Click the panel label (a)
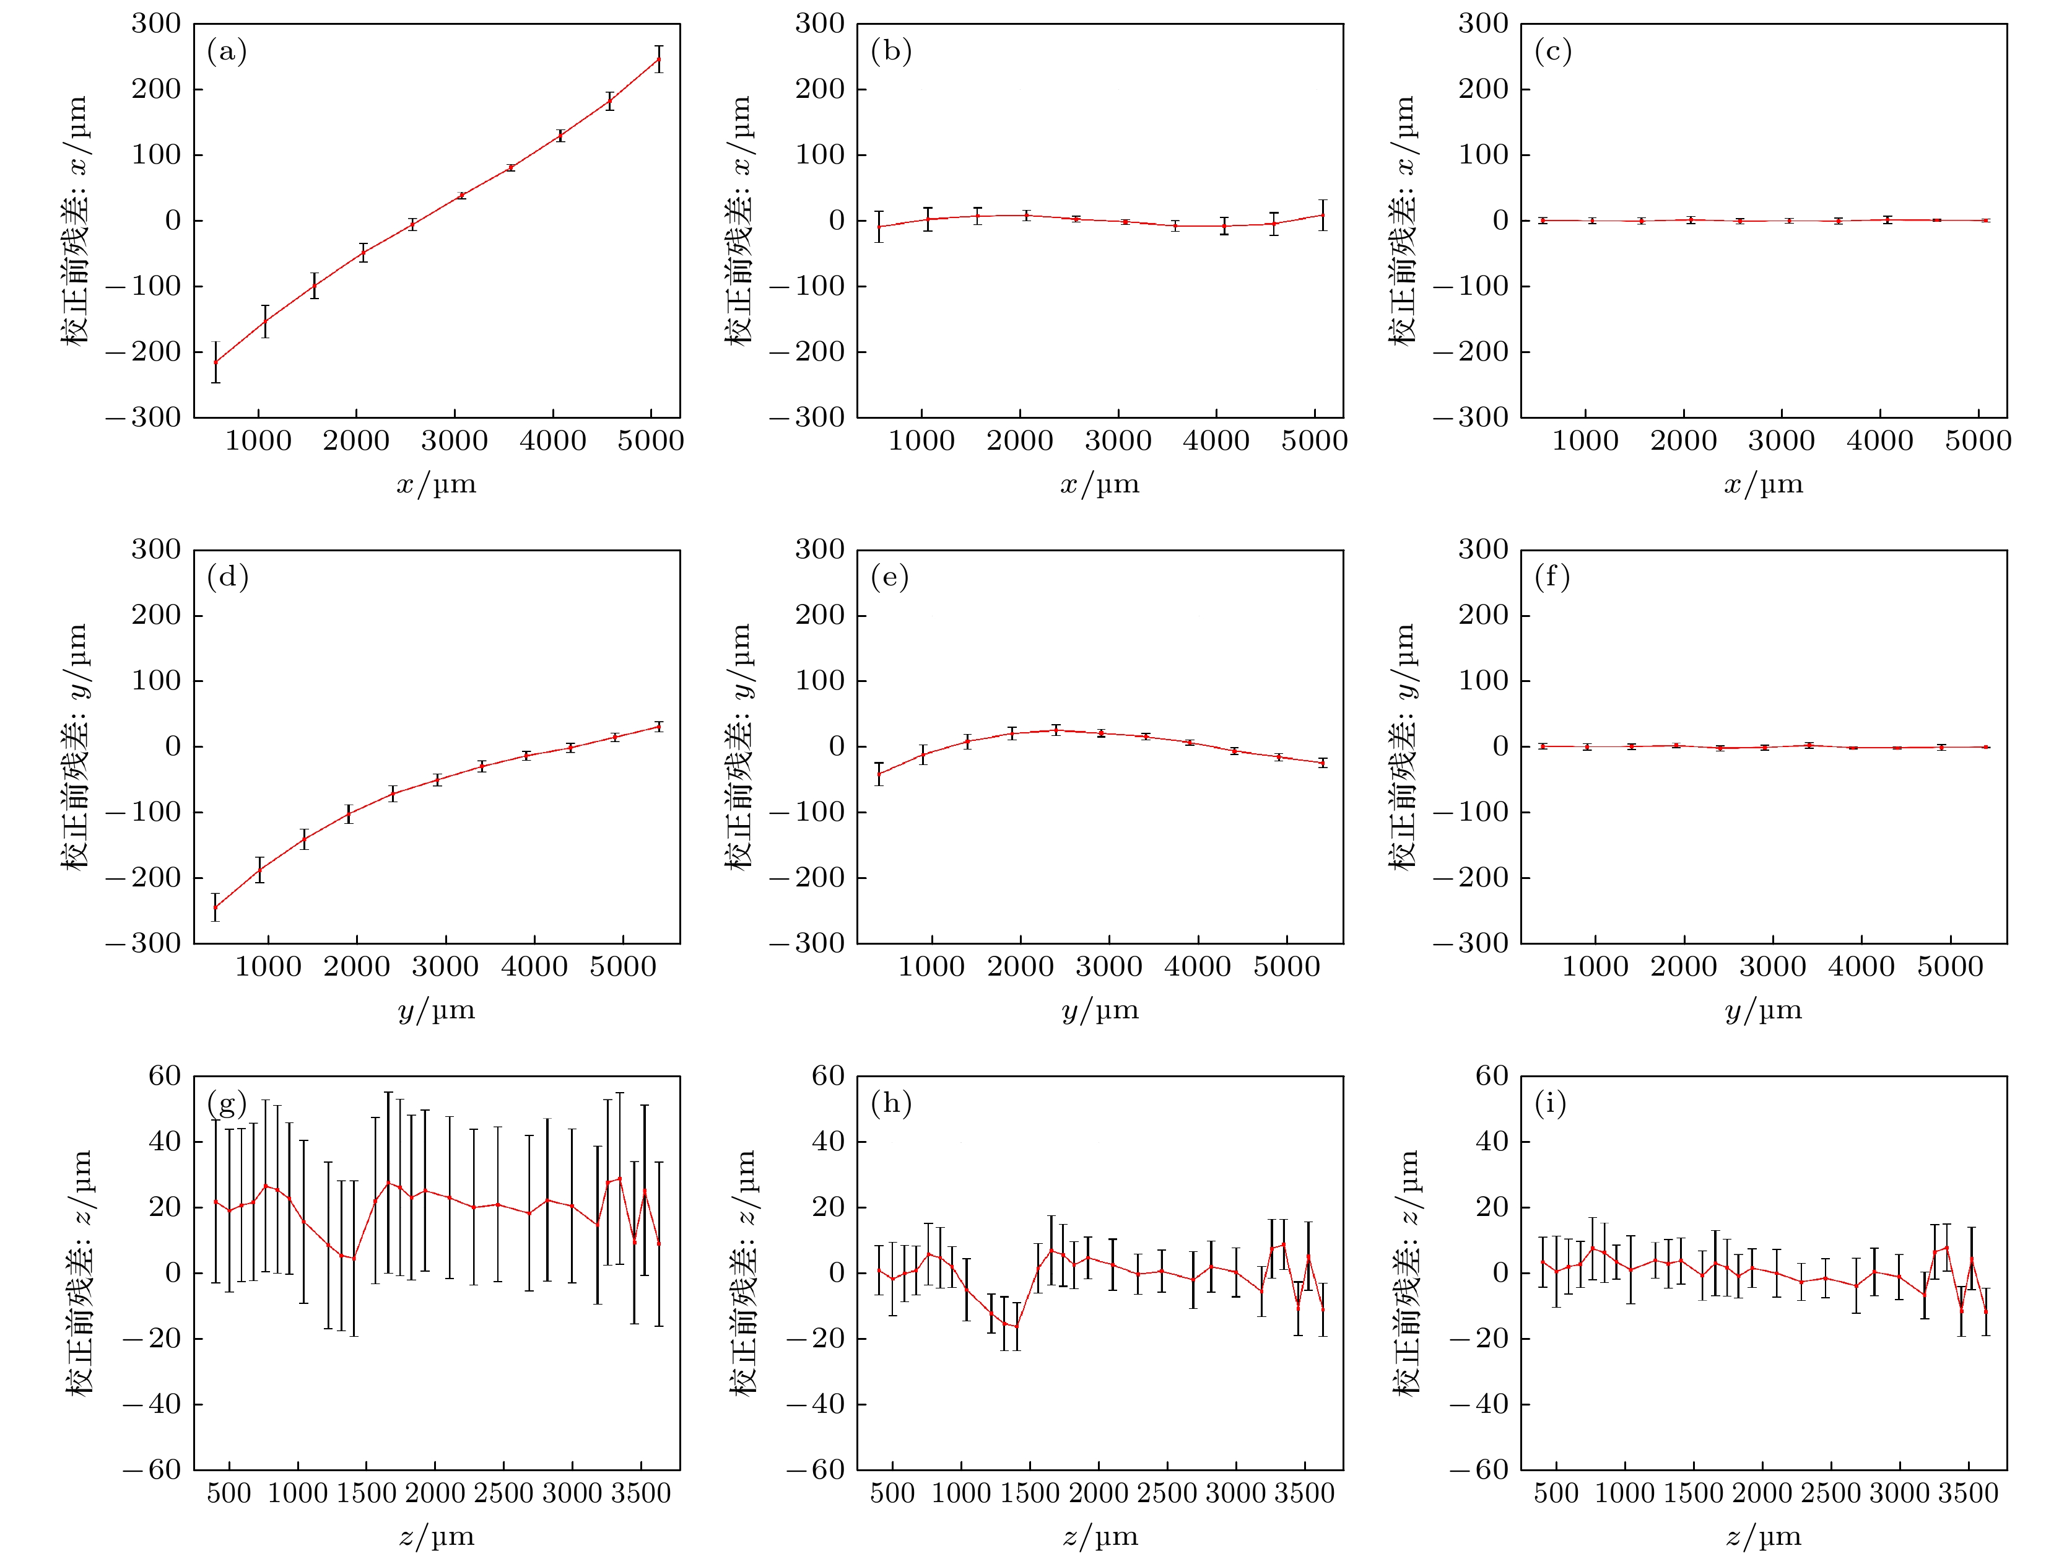coord(227,51)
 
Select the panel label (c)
coord(1553,51)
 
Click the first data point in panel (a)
coord(215,362)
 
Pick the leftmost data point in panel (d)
coord(215,907)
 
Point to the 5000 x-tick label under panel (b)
coord(1314,441)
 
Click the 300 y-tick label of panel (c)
coord(1483,24)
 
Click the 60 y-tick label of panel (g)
coord(165,1075)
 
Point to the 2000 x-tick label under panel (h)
coord(1099,1493)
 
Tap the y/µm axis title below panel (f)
coord(1764,1011)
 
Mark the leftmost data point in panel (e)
coord(879,774)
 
